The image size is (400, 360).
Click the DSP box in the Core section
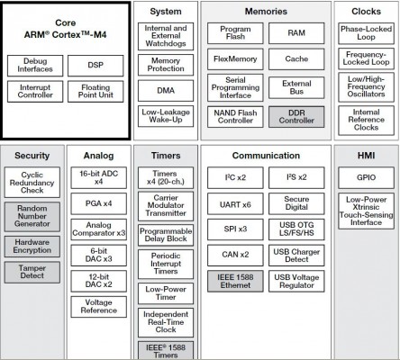(x=95, y=66)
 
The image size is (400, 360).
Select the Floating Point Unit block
(x=95, y=92)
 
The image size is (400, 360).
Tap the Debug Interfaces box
(x=35, y=66)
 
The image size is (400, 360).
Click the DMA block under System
(x=166, y=91)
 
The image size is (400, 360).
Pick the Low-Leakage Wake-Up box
(x=166, y=116)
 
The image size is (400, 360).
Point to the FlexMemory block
(x=235, y=59)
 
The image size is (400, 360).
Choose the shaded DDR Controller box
(x=296, y=117)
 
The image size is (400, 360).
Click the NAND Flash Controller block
(x=235, y=117)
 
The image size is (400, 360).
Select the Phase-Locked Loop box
(x=366, y=33)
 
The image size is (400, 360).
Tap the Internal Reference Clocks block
(x=366, y=120)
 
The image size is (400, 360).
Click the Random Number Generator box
(x=32, y=216)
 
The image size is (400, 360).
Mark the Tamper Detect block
(x=32, y=272)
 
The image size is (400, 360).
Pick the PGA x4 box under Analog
(x=99, y=203)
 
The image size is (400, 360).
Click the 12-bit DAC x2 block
(x=99, y=281)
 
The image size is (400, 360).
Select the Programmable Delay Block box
(x=166, y=235)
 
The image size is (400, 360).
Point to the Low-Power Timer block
(x=166, y=293)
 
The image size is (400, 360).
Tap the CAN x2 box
(x=235, y=255)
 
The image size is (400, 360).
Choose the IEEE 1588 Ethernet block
(x=235, y=281)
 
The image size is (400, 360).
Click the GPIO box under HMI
(x=366, y=177)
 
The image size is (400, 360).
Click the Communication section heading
(x=266, y=156)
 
